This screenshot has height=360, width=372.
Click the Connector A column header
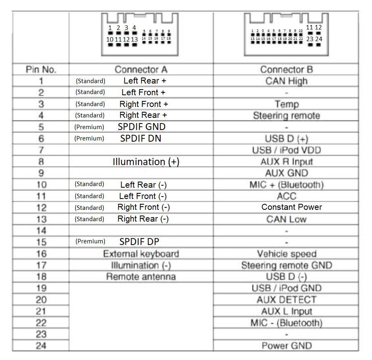click(141, 69)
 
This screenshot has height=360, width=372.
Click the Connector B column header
click(286, 69)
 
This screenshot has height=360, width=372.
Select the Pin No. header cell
click(41, 69)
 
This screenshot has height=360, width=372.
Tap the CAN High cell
click(286, 81)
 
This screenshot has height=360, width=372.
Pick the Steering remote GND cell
click(286, 266)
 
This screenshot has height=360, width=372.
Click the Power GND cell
click(286, 346)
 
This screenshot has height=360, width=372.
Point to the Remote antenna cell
click(141, 277)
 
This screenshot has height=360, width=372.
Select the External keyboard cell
click(141, 254)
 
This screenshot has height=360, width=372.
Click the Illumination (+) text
click(146, 162)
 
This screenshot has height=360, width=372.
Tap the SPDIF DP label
click(139, 242)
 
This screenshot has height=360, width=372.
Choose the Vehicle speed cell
click(286, 254)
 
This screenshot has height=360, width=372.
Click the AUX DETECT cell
click(286, 300)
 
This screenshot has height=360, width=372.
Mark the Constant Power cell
click(292, 207)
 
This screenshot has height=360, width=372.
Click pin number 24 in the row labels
click(41, 346)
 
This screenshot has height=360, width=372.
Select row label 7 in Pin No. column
click(41, 150)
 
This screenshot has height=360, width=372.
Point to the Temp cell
click(286, 104)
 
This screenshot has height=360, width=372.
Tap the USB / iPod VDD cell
click(286, 150)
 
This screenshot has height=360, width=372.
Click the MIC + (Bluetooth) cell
click(286, 185)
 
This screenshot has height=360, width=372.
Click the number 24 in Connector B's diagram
click(319, 39)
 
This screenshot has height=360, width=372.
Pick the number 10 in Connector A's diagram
click(110, 40)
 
